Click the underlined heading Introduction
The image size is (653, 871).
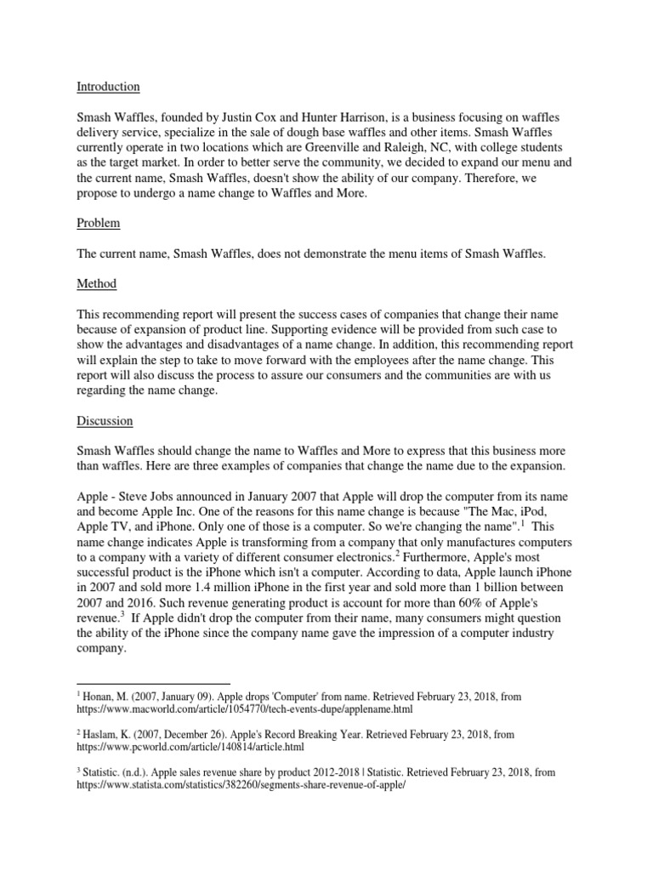point(108,87)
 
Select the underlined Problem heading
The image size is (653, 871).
point(99,223)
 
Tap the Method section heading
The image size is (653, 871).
point(97,283)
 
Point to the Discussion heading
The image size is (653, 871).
point(104,420)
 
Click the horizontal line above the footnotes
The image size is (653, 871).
point(154,683)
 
